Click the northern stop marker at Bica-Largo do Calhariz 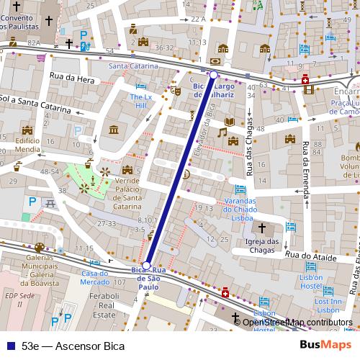(214, 74)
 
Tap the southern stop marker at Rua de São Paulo (147, 265)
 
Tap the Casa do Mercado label (99, 278)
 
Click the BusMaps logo (325, 345)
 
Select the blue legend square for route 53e (9, 346)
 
